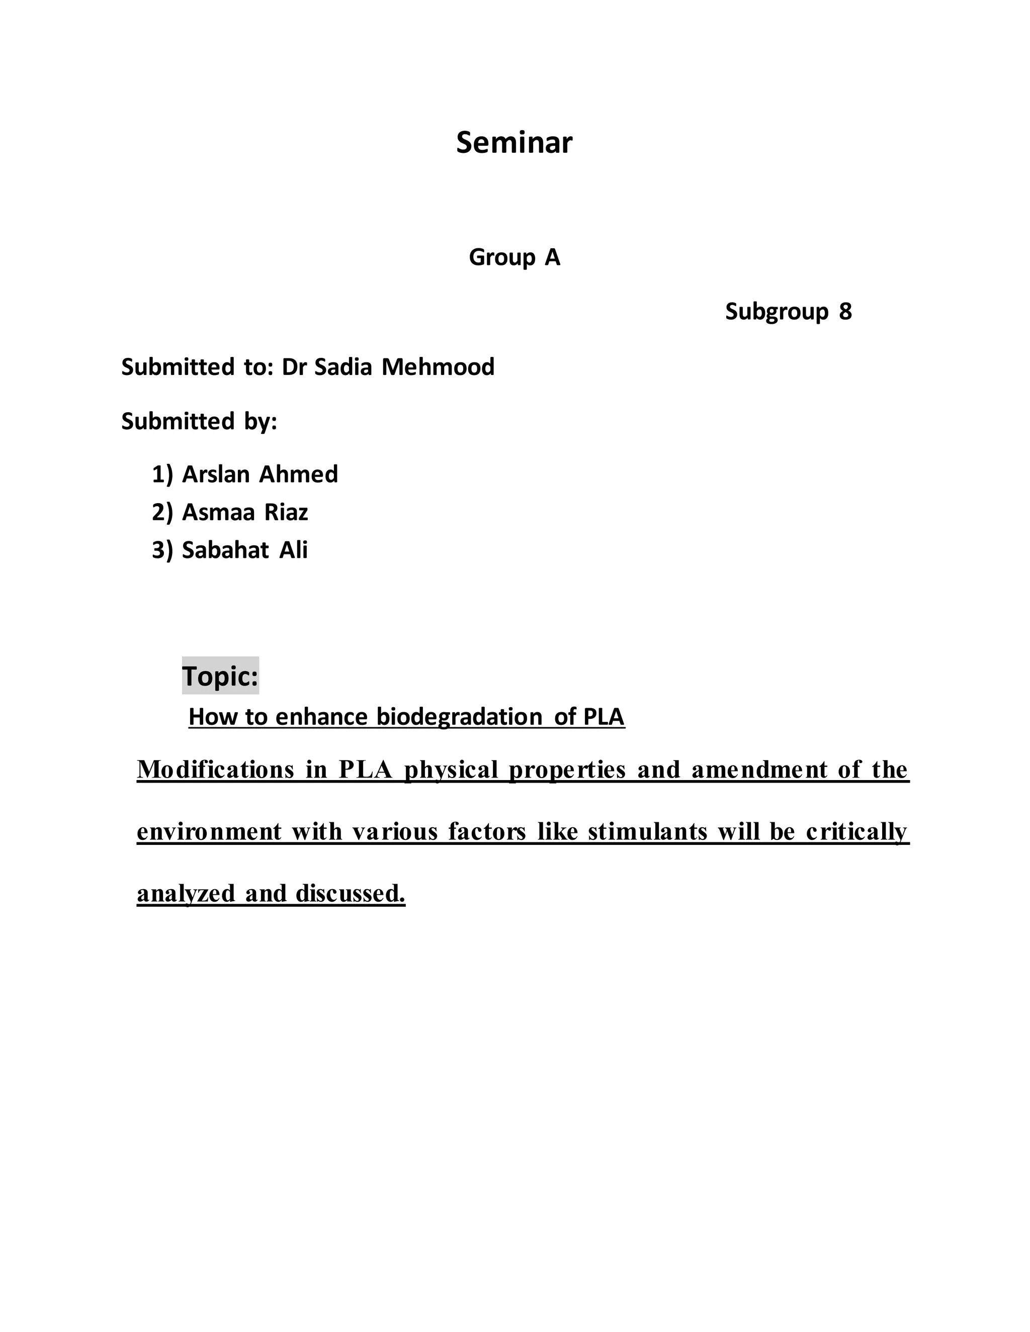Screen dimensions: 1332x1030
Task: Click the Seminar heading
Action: point(514,143)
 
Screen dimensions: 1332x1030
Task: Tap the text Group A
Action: point(514,257)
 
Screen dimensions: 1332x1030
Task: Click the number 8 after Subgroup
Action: point(844,312)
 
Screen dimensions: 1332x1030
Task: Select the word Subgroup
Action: point(776,312)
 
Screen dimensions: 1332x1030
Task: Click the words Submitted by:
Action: point(199,421)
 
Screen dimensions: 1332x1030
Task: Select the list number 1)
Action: point(162,474)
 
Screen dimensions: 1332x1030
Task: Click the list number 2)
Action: point(162,512)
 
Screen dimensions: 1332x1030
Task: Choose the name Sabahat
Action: point(225,550)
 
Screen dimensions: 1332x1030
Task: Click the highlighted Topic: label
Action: point(220,676)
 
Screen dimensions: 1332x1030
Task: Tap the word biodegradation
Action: point(459,717)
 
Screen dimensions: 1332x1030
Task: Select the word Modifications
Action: point(215,770)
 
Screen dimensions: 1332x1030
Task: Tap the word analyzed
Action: point(186,894)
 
